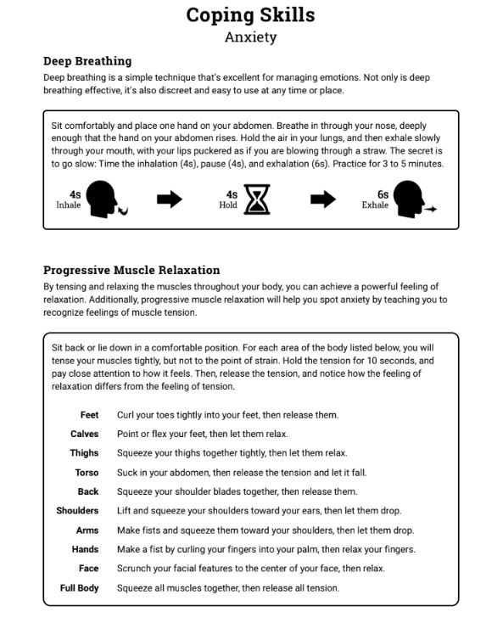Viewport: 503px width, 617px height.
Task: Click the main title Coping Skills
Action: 250,14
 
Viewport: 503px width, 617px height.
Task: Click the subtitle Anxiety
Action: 250,36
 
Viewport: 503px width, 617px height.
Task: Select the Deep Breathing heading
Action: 87,61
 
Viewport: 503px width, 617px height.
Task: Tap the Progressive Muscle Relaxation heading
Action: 131,271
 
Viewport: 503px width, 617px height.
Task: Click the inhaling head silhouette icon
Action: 105,199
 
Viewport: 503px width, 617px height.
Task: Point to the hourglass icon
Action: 257,199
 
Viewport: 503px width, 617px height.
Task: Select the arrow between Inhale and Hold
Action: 170,199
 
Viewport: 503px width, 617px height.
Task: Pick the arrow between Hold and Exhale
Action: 322,199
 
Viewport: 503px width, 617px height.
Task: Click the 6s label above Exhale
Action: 383,194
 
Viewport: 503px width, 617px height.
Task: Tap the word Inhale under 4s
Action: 69,205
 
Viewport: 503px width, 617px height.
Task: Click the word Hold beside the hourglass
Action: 228,205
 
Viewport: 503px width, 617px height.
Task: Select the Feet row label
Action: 89,415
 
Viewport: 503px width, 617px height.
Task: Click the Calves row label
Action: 85,434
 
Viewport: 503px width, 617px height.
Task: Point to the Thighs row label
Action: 84,453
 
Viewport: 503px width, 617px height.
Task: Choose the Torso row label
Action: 87,473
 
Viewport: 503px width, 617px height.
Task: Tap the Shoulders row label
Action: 77,511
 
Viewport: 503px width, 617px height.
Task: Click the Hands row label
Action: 85,549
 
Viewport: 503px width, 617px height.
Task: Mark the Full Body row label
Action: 79,588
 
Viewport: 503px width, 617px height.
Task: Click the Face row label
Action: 88,569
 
